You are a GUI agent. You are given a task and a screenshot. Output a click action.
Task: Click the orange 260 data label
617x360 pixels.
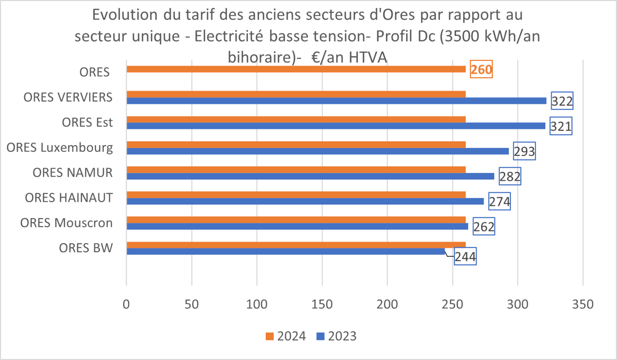tap(481, 70)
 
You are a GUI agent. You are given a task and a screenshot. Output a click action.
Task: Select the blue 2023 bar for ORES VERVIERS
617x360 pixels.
tap(336, 101)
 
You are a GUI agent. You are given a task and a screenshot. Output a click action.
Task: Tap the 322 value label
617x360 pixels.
tap(562, 101)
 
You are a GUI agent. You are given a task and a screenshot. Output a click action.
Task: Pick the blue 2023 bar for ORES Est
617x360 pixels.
tap(335, 126)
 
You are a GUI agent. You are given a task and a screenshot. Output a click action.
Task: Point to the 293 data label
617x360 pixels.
tap(524, 151)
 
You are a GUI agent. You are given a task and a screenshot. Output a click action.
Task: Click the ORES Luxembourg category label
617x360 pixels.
tap(60, 147)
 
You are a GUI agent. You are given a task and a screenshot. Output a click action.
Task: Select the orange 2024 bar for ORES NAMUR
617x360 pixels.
tap(296, 169)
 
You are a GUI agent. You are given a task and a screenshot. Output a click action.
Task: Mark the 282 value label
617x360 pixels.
tap(510, 176)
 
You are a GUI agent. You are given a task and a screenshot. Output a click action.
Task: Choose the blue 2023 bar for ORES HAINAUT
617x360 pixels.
tap(305, 201)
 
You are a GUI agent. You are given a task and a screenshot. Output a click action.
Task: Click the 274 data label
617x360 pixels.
tap(499, 201)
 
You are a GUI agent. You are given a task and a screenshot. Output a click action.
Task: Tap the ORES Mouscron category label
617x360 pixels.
tap(66, 223)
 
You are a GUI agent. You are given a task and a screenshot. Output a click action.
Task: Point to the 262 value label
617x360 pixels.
tap(484, 226)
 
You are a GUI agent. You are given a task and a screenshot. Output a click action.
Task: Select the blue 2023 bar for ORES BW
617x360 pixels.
tap(285, 252)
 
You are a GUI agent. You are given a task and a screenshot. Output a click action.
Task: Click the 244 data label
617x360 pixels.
tap(465, 257)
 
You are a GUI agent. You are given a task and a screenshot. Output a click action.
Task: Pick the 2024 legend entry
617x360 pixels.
tap(286, 336)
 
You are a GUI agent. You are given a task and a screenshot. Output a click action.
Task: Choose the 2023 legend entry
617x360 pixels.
tap(337, 336)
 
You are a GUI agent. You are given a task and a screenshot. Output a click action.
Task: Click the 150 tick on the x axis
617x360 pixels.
tap(322, 304)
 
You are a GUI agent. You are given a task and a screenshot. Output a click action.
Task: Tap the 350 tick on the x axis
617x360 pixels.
tap(583, 304)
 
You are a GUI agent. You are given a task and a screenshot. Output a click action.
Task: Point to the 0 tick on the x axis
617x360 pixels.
tap(126, 304)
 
